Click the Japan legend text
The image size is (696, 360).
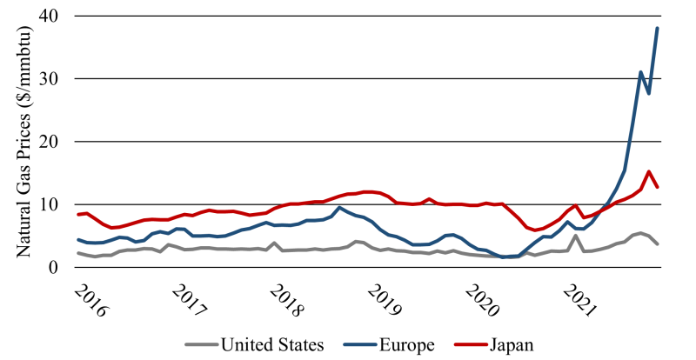(x=509, y=345)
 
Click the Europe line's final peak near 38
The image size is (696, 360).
(x=657, y=29)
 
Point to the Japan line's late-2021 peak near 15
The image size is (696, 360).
(x=649, y=171)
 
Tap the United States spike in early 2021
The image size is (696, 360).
(x=576, y=236)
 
